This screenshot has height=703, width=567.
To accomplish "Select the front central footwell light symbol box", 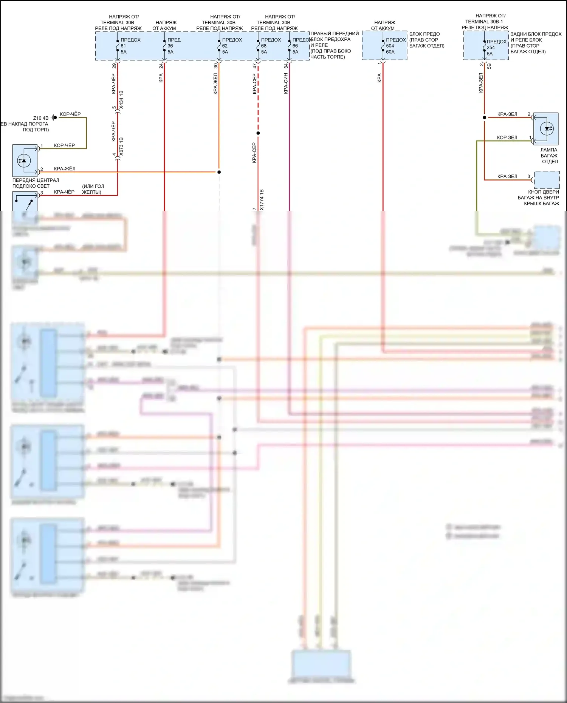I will (25, 161).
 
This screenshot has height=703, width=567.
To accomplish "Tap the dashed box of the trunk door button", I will (547, 180).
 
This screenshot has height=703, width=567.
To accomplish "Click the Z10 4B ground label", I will (41, 118).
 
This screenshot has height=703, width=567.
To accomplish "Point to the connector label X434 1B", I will (121, 100).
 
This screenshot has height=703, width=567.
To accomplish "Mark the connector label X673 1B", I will (121, 147).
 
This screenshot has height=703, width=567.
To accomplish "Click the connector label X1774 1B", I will (262, 200).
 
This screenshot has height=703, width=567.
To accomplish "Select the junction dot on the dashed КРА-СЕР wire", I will (258, 133).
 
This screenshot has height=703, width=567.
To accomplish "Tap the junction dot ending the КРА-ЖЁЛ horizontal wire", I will (219, 172).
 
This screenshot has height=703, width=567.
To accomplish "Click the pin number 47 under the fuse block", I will (255, 66).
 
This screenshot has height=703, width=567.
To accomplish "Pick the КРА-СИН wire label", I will (286, 83).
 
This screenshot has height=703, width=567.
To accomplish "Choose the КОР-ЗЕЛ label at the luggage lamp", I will (507, 138).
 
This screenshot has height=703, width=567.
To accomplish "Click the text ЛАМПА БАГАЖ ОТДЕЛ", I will (549, 156).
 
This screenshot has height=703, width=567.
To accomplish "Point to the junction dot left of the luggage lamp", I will (485, 117).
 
